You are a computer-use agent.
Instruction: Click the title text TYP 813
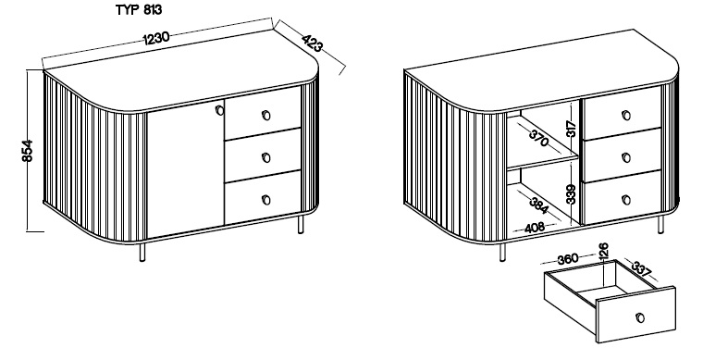click(139, 10)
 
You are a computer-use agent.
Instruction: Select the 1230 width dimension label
click(156, 38)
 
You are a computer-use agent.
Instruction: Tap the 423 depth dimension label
click(312, 43)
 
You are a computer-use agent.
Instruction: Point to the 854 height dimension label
click(27, 151)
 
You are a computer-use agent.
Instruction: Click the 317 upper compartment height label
click(571, 130)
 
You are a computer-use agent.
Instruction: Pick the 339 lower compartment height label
click(571, 194)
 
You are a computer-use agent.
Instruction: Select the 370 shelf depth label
click(539, 138)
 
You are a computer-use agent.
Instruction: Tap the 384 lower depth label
click(538, 205)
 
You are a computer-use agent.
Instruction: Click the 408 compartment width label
click(535, 228)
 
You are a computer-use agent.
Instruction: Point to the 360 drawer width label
click(568, 259)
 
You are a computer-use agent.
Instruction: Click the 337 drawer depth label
click(642, 269)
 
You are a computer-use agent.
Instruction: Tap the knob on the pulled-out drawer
click(640, 317)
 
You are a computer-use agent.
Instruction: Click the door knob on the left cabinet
click(219, 110)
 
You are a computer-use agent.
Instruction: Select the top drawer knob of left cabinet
click(265, 116)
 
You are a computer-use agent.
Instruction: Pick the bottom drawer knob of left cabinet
click(265, 200)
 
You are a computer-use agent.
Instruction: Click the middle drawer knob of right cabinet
click(626, 158)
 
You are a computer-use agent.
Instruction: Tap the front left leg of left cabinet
click(142, 253)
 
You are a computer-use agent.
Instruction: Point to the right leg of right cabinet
click(660, 225)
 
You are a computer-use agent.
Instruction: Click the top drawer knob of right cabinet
click(626, 116)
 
